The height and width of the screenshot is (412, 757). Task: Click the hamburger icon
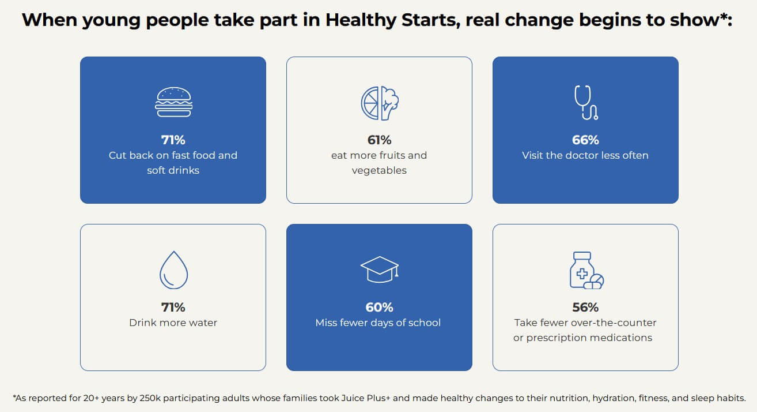tap(173, 102)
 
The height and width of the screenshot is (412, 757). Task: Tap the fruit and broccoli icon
tap(380, 103)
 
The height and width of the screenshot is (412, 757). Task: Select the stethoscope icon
tap(585, 102)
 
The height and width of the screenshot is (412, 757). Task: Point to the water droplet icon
tap(173, 269)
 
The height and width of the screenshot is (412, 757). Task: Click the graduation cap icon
tap(379, 269)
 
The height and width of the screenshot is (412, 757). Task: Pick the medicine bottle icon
tap(585, 269)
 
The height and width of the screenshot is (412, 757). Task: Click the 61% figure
tap(379, 140)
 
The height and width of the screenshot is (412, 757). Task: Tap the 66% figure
tap(585, 140)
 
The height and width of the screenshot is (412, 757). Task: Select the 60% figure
tap(379, 307)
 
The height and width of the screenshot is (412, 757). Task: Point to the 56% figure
tap(585, 307)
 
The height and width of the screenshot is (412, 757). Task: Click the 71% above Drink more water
tap(173, 307)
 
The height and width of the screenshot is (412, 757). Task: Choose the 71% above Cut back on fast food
tap(173, 140)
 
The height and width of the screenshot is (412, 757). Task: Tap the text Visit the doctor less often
tap(585, 155)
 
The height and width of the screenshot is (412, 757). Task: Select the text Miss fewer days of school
tap(378, 323)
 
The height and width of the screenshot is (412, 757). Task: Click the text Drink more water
tap(173, 323)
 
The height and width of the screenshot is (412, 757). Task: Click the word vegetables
tap(379, 170)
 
